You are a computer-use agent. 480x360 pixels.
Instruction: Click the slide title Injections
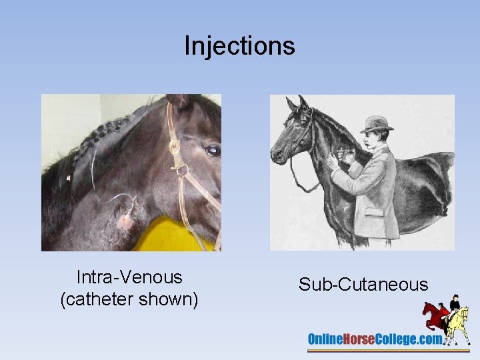[x=239, y=45]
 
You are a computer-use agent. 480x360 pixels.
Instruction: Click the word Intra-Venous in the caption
[x=129, y=277]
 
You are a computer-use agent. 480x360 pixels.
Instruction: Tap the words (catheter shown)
[x=129, y=300]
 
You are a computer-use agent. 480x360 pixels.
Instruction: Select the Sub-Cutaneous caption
[x=363, y=285]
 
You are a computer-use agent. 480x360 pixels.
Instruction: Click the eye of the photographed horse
[x=213, y=151]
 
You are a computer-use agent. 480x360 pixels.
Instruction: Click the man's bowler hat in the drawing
[x=377, y=124]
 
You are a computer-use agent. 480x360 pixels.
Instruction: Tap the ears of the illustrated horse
[x=297, y=103]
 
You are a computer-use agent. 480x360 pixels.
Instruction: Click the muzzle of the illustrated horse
[x=277, y=155]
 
